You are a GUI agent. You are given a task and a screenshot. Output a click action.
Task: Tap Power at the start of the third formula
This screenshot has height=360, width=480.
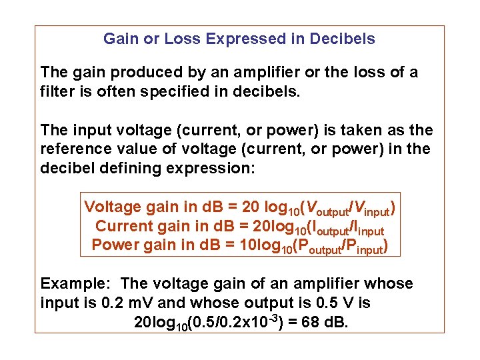[112, 245]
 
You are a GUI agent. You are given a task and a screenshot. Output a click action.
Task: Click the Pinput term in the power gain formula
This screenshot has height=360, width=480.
[361, 248]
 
